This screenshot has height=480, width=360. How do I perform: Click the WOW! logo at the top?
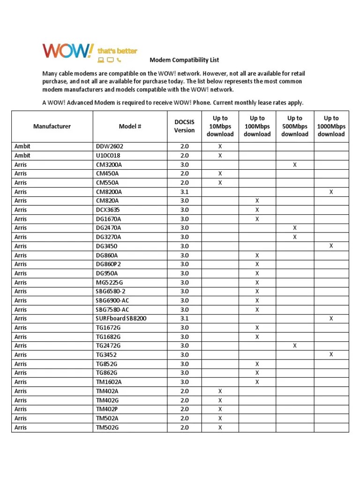pyautogui.click(x=68, y=51)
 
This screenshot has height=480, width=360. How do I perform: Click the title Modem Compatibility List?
pyautogui.click(x=178, y=60)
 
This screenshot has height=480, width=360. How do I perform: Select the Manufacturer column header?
pyautogui.click(x=52, y=127)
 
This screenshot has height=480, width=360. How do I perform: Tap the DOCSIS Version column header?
pyautogui.click(x=184, y=127)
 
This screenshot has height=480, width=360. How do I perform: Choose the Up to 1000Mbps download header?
pyautogui.click(x=331, y=127)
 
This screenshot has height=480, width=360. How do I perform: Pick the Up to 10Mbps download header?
pyautogui.click(x=220, y=127)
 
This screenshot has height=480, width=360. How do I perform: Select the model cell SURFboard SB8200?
pyautogui.click(x=121, y=319)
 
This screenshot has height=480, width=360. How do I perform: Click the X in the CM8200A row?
pyautogui.click(x=331, y=192)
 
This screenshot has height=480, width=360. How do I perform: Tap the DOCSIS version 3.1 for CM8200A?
pyautogui.click(x=184, y=192)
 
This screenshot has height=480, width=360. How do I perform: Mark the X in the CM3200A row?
pyautogui.click(x=294, y=165)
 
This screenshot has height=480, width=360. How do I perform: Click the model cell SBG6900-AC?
pyautogui.click(x=112, y=300)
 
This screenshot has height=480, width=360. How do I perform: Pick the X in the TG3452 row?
pyautogui.click(x=331, y=355)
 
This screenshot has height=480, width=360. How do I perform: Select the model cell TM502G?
pyautogui.click(x=107, y=427)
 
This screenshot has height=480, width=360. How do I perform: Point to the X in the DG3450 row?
pyautogui.click(x=331, y=246)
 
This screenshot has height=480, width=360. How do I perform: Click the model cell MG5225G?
pyautogui.click(x=109, y=283)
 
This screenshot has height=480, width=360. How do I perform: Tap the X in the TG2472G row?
pyautogui.click(x=294, y=346)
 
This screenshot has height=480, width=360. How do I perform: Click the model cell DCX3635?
pyautogui.click(x=108, y=210)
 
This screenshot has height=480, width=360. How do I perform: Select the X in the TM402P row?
pyautogui.click(x=220, y=409)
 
